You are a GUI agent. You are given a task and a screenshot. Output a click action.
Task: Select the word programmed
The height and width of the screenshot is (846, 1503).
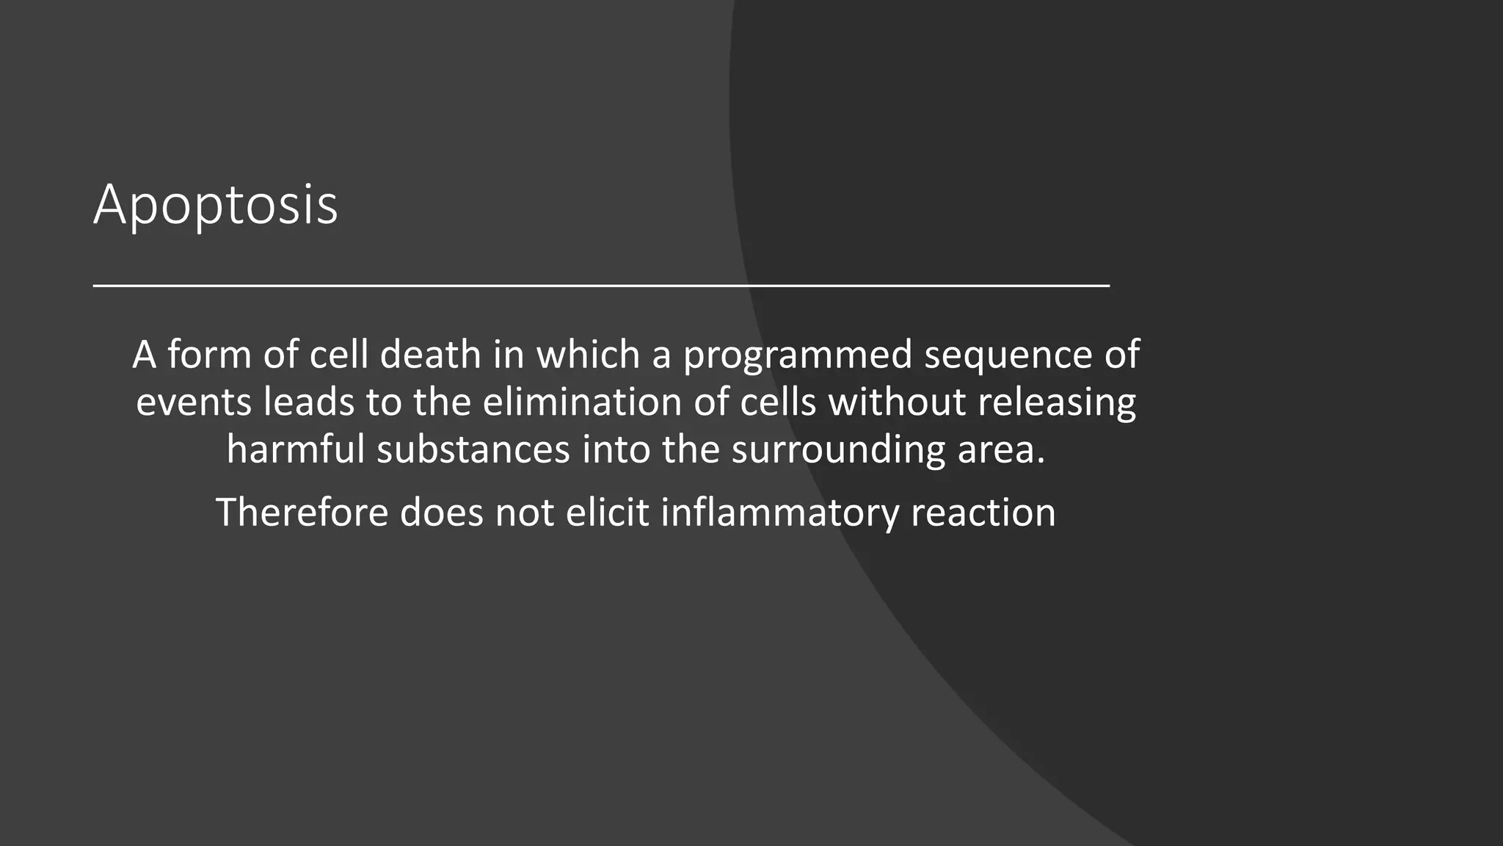pos(798,355)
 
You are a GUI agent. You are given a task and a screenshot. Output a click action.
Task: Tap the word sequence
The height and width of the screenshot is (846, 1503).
pos(1008,355)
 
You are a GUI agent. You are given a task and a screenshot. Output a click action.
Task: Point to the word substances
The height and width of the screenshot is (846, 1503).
pos(473,449)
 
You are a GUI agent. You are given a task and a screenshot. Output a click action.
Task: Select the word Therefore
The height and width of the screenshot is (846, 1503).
pos(302,512)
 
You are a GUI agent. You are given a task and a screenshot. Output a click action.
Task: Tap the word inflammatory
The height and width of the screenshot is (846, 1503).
pos(779,513)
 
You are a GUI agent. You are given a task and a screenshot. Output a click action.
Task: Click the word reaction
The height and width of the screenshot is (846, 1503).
pos(983,512)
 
